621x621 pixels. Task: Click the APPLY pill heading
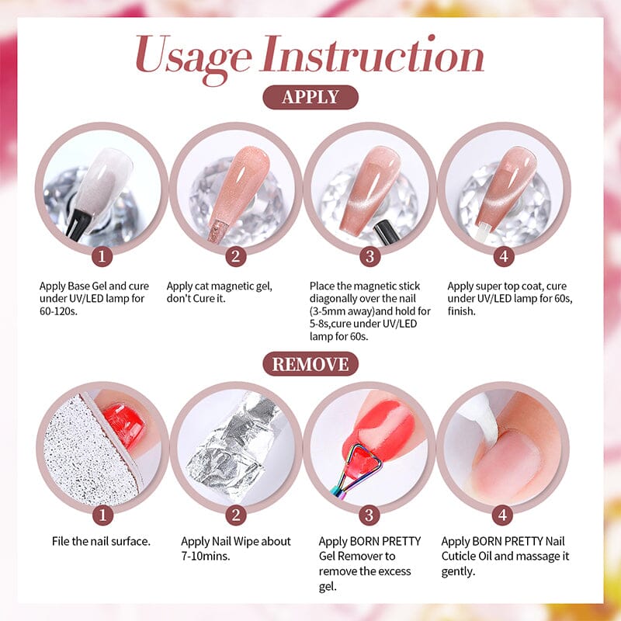click(310, 97)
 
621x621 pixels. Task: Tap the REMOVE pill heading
click(310, 364)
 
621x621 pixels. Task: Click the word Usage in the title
click(193, 58)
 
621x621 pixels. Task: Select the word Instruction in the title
click(372, 54)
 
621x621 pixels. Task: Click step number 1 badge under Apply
click(102, 256)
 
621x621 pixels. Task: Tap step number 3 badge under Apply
click(370, 256)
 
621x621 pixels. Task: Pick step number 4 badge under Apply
click(504, 256)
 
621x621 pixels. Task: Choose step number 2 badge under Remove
click(236, 515)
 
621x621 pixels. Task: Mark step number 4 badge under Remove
click(502, 515)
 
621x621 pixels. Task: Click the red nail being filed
click(124, 425)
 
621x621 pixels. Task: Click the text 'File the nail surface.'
click(102, 541)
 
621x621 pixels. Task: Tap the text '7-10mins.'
click(206, 556)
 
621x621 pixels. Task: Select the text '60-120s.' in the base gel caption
click(58, 311)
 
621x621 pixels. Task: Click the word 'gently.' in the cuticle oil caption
click(458, 572)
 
